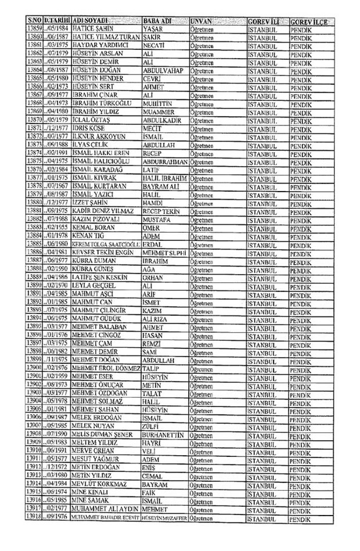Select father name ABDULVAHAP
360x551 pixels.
pos(162,70)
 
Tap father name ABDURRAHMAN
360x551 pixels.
pos(165,163)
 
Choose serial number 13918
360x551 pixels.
pos(35,532)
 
